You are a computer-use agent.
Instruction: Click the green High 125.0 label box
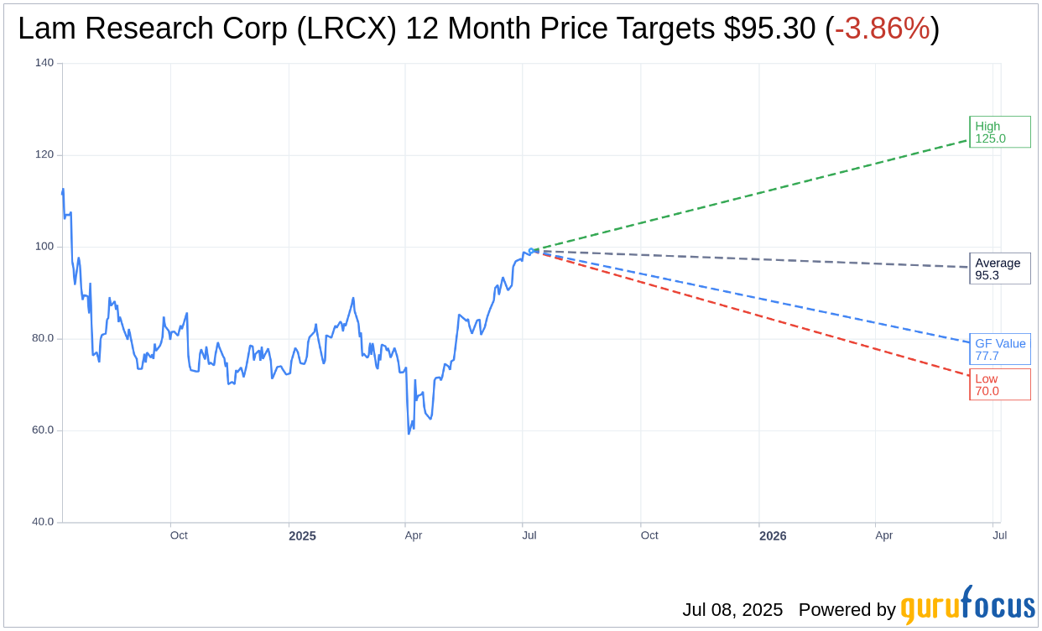(x=999, y=133)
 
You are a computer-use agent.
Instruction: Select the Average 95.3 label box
(x=999, y=269)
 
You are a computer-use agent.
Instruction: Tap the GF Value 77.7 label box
(x=999, y=349)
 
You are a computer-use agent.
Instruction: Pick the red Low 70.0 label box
(x=999, y=385)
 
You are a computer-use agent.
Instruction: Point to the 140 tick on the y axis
(x=44, y=63)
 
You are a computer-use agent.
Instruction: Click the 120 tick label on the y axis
(x=44, y=154)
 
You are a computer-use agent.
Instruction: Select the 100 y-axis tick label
(x=44, y=247)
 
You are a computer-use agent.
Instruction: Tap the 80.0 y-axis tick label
(x=43, y=338)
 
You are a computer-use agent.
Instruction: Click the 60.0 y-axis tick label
(x=43, y=430)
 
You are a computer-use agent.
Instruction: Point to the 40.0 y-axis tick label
(x=43, y=522)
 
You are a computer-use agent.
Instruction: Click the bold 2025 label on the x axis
(x=302, y=535)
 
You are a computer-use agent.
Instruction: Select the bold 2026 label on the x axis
(x=773, y=535)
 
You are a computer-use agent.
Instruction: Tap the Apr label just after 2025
(x=414, y=535)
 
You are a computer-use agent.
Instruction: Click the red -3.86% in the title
(x=882, y=29)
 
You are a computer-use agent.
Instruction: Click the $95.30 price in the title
(x=769, y=29)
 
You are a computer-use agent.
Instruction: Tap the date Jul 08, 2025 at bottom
(x=732, y=609)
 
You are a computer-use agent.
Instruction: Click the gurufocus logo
(x=967, y=606)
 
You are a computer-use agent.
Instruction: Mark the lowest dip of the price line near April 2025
(x=409, y=434)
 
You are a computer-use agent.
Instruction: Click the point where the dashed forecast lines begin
(x=533, y=250)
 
